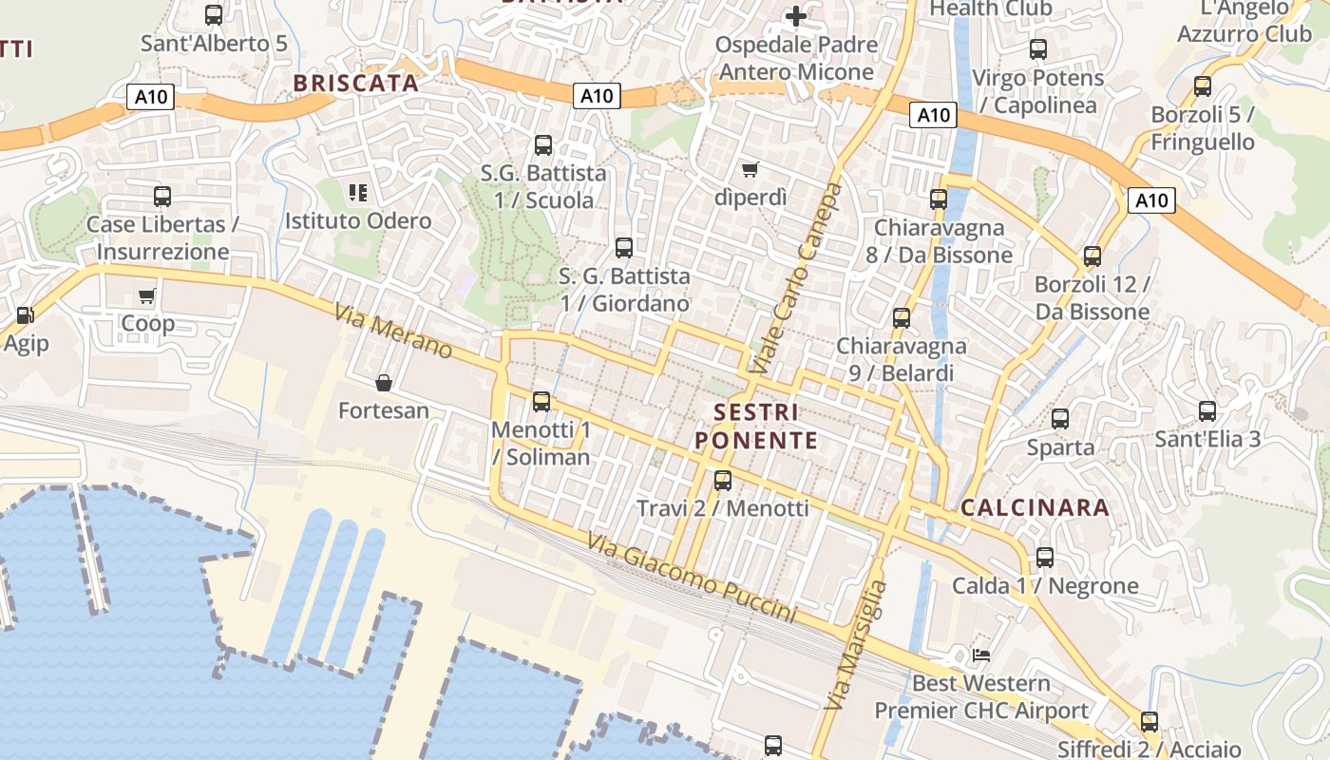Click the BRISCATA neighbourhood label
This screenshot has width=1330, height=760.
(356, 83)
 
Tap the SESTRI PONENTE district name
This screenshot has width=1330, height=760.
(756, 426)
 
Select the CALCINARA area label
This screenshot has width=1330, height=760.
(1035, 507)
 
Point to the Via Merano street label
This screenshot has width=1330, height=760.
(392, 330)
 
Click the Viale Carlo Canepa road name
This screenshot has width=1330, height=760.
(795, 277)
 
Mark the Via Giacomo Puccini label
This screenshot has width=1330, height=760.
(692, 578)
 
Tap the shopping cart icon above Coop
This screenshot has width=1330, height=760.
(146, 296)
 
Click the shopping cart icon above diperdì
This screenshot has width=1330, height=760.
(750, 170)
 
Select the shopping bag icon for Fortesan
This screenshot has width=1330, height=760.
(384, 383)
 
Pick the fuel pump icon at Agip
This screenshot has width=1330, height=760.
(25, 315)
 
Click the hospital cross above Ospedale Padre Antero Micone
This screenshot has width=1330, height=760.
(795, 16)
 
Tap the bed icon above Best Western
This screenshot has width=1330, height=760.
(981, 655)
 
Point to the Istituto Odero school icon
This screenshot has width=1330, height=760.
(358, 193)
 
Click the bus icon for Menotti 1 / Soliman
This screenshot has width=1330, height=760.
(541, 402)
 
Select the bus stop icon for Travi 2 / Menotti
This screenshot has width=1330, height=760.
(723, 481)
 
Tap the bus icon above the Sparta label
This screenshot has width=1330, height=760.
(1060, 419)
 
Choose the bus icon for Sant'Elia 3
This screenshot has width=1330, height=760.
(1207, 411)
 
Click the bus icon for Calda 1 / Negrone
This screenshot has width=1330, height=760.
(1045, 558)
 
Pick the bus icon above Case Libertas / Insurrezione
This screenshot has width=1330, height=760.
(162, 197)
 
